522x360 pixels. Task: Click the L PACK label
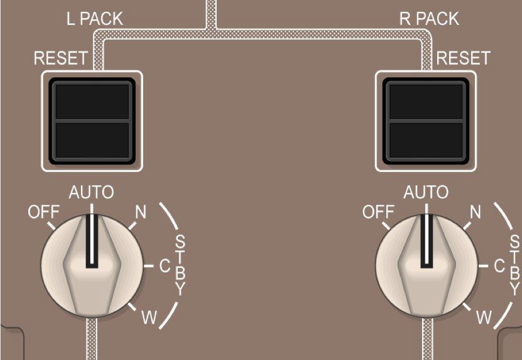(x=91, y=19)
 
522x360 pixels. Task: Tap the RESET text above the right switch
(x=463, y=58)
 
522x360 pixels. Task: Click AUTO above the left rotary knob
(x=91, y=192)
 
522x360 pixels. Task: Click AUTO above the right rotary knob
(x=426, y=192)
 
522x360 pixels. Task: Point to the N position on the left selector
(x=140, y=212)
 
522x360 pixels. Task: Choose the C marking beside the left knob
(x=164, y=266)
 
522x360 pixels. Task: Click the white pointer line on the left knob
(x=92, y=240)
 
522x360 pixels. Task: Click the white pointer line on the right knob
(x=426, y=240)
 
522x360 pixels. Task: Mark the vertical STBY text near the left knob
(x=180, y=264)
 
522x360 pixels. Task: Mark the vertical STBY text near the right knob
(x=515, y=264)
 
